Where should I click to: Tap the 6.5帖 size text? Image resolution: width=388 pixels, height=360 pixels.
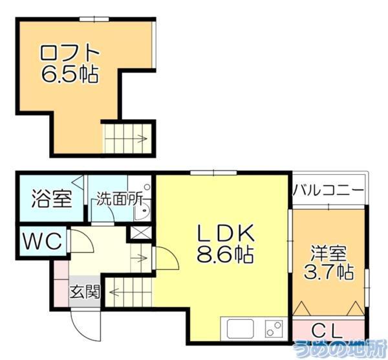(70, 76)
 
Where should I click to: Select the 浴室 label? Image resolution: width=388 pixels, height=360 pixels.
(51, 199)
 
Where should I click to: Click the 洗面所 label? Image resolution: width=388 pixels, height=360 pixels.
(119, 199)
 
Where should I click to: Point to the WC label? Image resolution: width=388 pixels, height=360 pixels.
(42, 242)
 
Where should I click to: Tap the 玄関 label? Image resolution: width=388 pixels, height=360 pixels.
(85, 291)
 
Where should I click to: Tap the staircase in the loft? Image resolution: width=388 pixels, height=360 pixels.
(129, 137)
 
